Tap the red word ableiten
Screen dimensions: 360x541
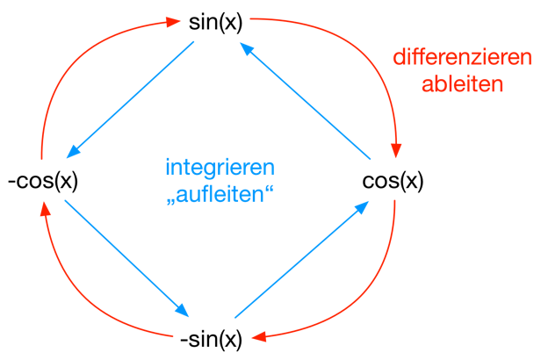click(x=462, y=85)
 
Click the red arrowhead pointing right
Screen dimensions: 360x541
click(x=174, y=21)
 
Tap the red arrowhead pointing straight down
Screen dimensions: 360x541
click(x=396, y=150)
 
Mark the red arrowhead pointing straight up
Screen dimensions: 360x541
click(x=45, y=206)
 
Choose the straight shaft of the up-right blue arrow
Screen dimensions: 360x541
click(x=299, y=262)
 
